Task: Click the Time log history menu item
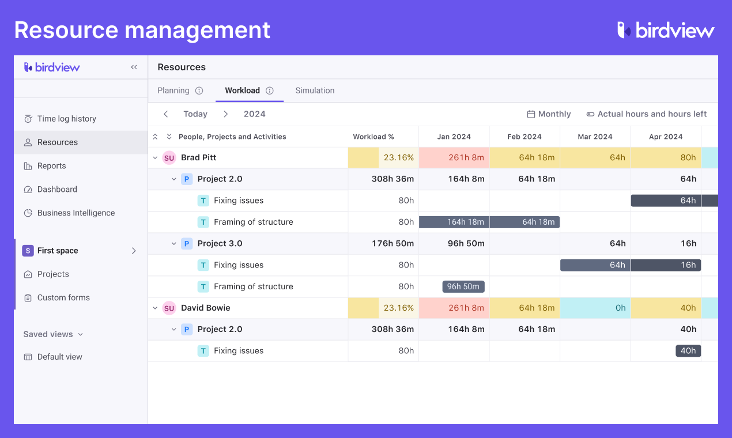click(66, 119)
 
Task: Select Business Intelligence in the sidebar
click(76, 213)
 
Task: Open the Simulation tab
click(315, 90)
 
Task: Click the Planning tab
click(173, 90)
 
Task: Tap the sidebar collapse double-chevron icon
click(134, 67)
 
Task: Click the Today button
click(195, 114)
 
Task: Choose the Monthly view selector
click(549, 114)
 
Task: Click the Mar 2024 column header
click(595, 137)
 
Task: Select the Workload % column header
click(373, 137)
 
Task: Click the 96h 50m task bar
click(463, 286)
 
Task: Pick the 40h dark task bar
click(688, 350)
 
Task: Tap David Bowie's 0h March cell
click(595, 308)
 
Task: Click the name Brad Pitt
click(198, 157)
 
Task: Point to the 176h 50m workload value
click(393, 243)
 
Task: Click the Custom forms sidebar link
click(63, 297)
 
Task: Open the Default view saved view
click(59, 357)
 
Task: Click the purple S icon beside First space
click(28, 251)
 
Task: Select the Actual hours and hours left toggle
click(646, 114)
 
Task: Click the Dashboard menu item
click(57, 189)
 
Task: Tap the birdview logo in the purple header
click(666, 30)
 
